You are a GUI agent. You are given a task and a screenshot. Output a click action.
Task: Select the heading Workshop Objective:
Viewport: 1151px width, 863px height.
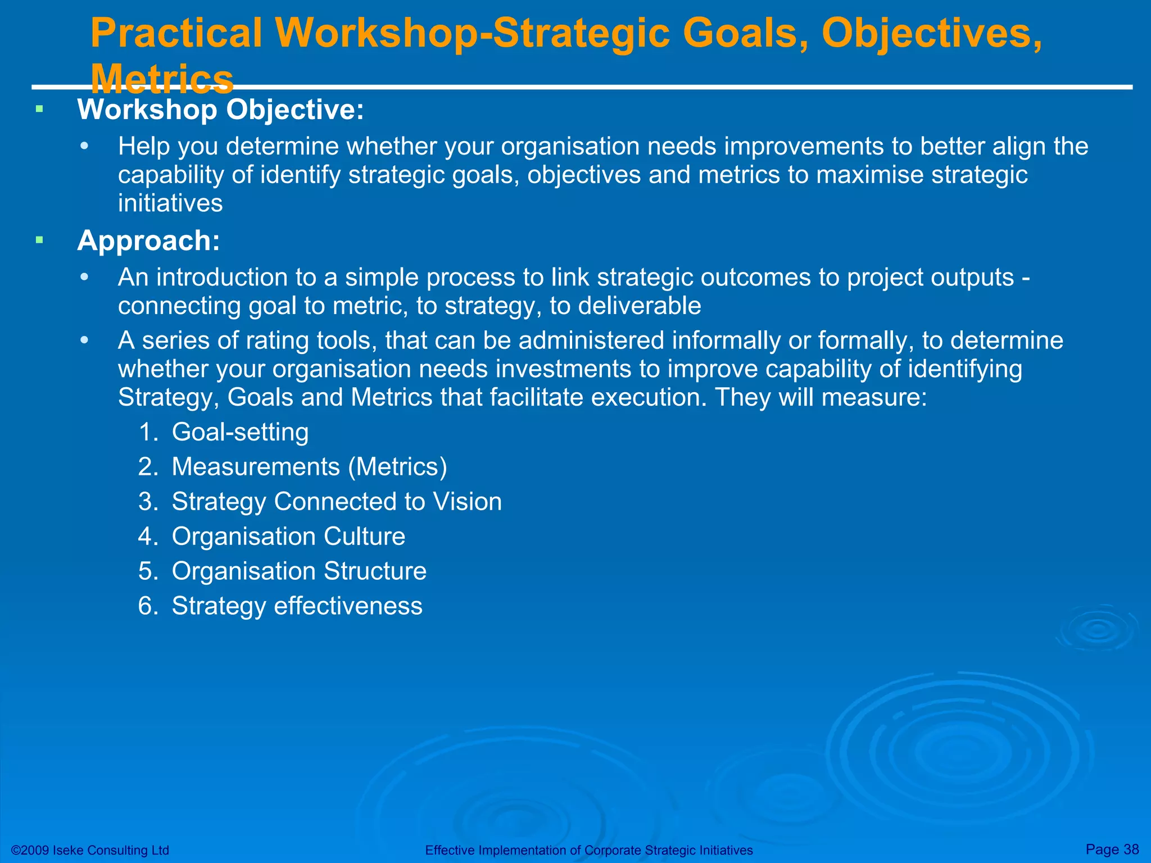point(220,110)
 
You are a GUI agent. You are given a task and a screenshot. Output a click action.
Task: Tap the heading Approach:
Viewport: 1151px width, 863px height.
point(148,240)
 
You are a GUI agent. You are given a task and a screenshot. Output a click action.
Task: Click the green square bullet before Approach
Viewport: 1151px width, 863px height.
point(39,240)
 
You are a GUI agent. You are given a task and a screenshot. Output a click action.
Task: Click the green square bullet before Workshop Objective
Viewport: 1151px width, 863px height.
point(39,109)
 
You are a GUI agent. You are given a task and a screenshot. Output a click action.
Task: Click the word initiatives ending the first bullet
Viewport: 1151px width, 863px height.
point(170,203)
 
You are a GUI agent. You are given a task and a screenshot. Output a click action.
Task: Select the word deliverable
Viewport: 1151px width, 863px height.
point(640,306)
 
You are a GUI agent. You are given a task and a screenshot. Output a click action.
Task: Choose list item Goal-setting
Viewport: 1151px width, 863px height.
point(240,432)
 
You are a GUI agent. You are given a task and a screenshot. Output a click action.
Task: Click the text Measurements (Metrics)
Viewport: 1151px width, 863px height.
point(309,467)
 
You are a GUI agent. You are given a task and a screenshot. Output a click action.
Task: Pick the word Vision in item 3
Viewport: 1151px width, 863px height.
point(466,502)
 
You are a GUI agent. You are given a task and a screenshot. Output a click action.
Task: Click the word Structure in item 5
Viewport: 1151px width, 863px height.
point(375,571)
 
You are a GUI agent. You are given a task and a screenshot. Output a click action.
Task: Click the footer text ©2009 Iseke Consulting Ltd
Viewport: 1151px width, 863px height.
point(90,850)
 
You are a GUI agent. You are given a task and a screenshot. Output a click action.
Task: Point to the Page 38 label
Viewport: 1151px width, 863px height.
point(1112,849)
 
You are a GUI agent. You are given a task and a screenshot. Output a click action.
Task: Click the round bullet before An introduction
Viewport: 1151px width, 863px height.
point(84,278)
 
